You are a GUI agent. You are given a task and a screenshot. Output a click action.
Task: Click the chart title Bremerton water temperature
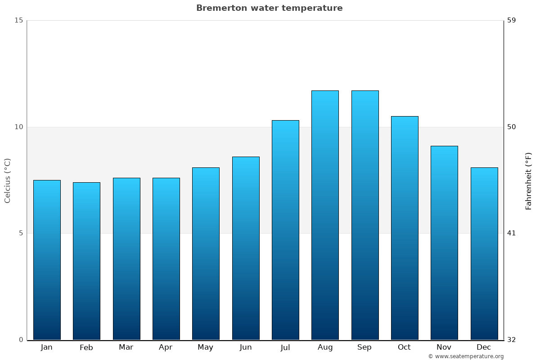[x=269, y=8]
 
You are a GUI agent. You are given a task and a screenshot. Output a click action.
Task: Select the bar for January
[x=47, y=260]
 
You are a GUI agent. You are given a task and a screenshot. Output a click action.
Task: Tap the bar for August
[x=325, y=215]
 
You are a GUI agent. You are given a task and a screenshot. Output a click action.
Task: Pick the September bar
[x=365, y=215]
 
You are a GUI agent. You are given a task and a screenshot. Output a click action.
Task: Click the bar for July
[x=285, y=230]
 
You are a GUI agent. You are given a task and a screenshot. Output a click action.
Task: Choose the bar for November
[x=444, y=243]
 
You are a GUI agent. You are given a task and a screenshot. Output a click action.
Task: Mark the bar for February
[x=86, y=261]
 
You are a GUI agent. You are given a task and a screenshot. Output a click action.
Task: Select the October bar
[x=405, y=228]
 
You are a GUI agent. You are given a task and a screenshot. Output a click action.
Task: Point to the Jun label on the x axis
[x=246, y=347]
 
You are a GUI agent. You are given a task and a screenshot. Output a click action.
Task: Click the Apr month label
[x=166, y=347]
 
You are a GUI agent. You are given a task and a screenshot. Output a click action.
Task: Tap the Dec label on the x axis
[x=484, y=347]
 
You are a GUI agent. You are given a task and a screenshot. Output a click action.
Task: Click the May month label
[x=206, y=347]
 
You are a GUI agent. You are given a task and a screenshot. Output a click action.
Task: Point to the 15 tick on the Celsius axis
[x=18, y=20]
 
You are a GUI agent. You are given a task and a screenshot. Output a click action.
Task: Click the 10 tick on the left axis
[x=18, y=127]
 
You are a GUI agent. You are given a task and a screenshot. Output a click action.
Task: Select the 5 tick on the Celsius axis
[x=20, y=233]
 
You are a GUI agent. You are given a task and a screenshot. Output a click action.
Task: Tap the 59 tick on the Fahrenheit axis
[x=512, y=20]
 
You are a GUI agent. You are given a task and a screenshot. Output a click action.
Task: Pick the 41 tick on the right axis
[x=512, y=233]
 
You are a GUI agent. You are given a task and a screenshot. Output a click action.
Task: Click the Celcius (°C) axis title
[x=7, y=180]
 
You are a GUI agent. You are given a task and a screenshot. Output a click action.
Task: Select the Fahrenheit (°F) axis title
[x=529, y=180]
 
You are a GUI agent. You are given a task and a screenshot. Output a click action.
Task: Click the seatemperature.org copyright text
[x=466, y=356]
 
